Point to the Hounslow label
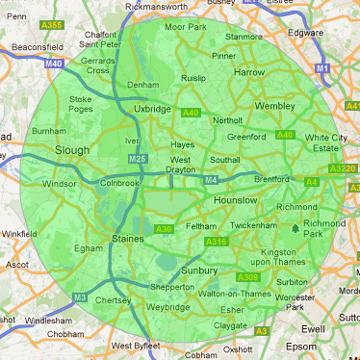pyautogui.click(x=236, y=199)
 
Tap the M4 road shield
pyautogui.click(x=210, y=179)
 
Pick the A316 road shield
pyautogui.click(x=216, y=242)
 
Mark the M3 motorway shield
pyautogui.click(x=80, y=297)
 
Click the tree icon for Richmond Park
pyautogui.click(x=296, y=228)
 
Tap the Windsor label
pyautogui.click(x=59, y=183)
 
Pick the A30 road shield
pyautogui.click(x=164, y=228)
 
